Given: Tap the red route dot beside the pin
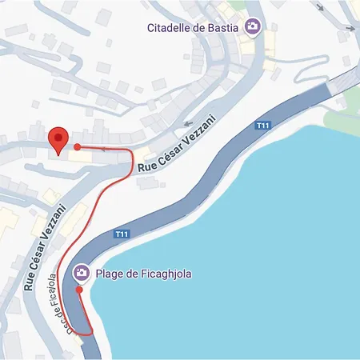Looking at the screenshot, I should [x=77, y=147].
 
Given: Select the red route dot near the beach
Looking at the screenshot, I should [x=79, y=290].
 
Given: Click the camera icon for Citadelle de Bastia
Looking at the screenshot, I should [x=252, y=27].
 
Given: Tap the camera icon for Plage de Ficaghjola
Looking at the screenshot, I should [x=81, y=274].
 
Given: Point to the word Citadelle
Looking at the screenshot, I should [x=169, y=28].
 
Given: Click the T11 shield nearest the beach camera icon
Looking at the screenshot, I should [x=122, y=234].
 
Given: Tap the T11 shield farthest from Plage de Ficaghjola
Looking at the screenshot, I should [x=262, y=126].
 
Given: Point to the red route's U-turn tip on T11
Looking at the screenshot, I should [x=90, y=331].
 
